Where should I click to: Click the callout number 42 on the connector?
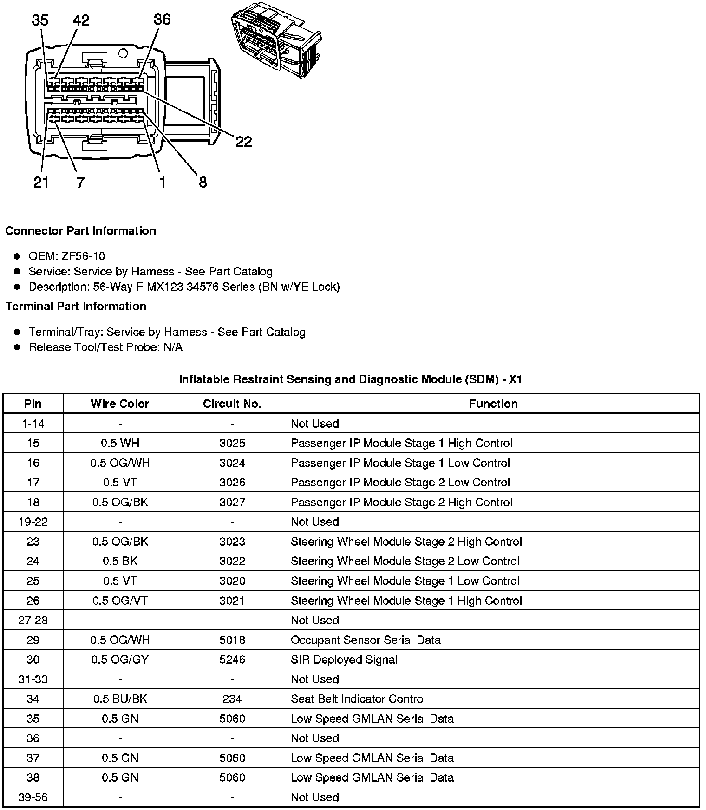(x=81, y=20)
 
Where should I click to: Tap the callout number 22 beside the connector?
(x=243, y=142)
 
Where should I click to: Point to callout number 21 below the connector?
(x=41, y=183)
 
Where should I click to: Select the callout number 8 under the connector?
(x=203, y=183)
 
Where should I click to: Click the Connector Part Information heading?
(x=80, y=231)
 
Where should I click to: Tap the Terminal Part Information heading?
(x=76, y=307)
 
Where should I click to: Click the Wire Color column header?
(x=120, y=404)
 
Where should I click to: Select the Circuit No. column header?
(x=232, y=404)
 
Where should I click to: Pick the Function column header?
(x=493, y=404)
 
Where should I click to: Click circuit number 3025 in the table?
(x=232, y=444)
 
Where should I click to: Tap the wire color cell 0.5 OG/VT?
(x=120, y=601)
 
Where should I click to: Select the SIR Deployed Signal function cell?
(x=344, y=660)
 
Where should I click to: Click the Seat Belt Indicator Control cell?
(x=358, y=699)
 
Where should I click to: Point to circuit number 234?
(x=232, y=699)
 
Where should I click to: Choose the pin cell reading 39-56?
(x=33, y=797)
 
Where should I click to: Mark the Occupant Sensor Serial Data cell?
(x=366, y=640)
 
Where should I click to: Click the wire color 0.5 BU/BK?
(x=120, y=699)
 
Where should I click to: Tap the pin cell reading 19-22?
(x=33, y=522)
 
